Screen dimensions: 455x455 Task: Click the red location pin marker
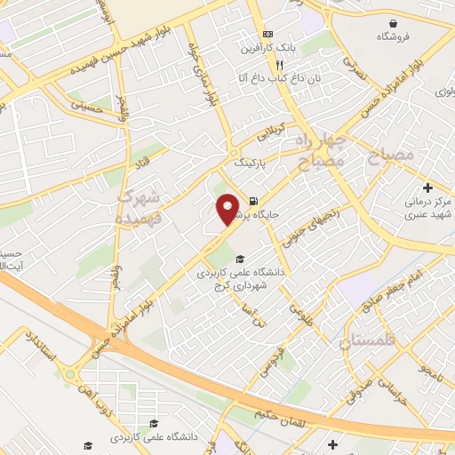click(228, 208)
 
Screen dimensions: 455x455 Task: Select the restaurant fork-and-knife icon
click(279, 64)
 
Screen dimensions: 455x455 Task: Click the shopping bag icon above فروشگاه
click(392, 22)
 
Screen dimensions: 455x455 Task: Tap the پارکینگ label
click(250, 164)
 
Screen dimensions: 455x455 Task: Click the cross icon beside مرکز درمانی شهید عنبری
click(428, 188)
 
